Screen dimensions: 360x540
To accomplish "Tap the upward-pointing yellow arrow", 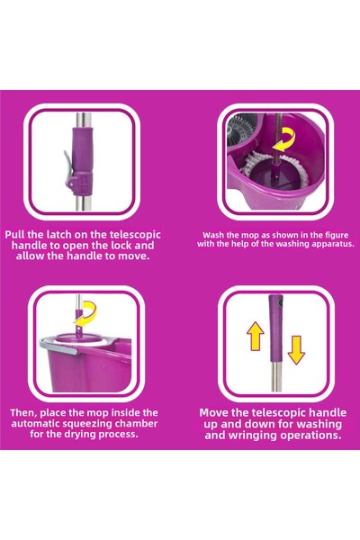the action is [x=256, y=336].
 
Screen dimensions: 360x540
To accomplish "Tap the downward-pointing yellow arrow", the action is [x=296, y=350].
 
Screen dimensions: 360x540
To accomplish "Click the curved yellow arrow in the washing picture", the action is [x=285, y=139].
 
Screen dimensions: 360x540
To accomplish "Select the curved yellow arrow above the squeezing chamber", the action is [x=85, y=313].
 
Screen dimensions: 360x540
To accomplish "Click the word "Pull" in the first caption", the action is [x=14, y=235].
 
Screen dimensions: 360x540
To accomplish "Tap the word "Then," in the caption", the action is [x=23, y=413].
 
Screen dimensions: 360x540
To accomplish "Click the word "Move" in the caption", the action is [x=214, y=412].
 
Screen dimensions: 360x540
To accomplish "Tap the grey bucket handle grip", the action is [x=58, y=346].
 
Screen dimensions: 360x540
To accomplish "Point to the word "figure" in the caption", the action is [x=337, y=235].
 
